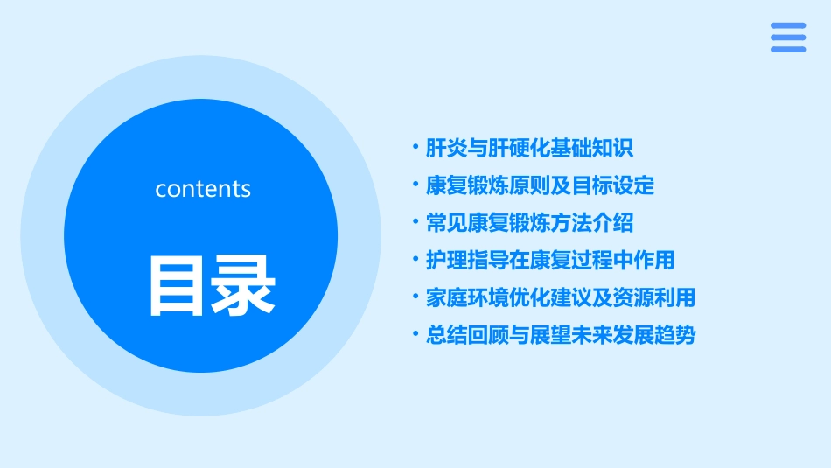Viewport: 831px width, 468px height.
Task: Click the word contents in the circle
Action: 203,189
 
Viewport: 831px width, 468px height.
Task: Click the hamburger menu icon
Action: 788,38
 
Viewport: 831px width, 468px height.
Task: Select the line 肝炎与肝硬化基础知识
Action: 529,148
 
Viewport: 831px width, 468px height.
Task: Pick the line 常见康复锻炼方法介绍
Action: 529,223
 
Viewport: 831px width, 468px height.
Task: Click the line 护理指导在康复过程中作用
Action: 550,260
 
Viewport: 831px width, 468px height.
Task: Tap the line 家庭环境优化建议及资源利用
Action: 560,297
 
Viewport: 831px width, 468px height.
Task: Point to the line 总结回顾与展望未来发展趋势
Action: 560,335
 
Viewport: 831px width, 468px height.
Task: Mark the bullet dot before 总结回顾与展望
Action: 415,334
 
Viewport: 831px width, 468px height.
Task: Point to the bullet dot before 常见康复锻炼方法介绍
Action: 415,222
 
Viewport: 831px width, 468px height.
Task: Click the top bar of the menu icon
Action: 788,26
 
